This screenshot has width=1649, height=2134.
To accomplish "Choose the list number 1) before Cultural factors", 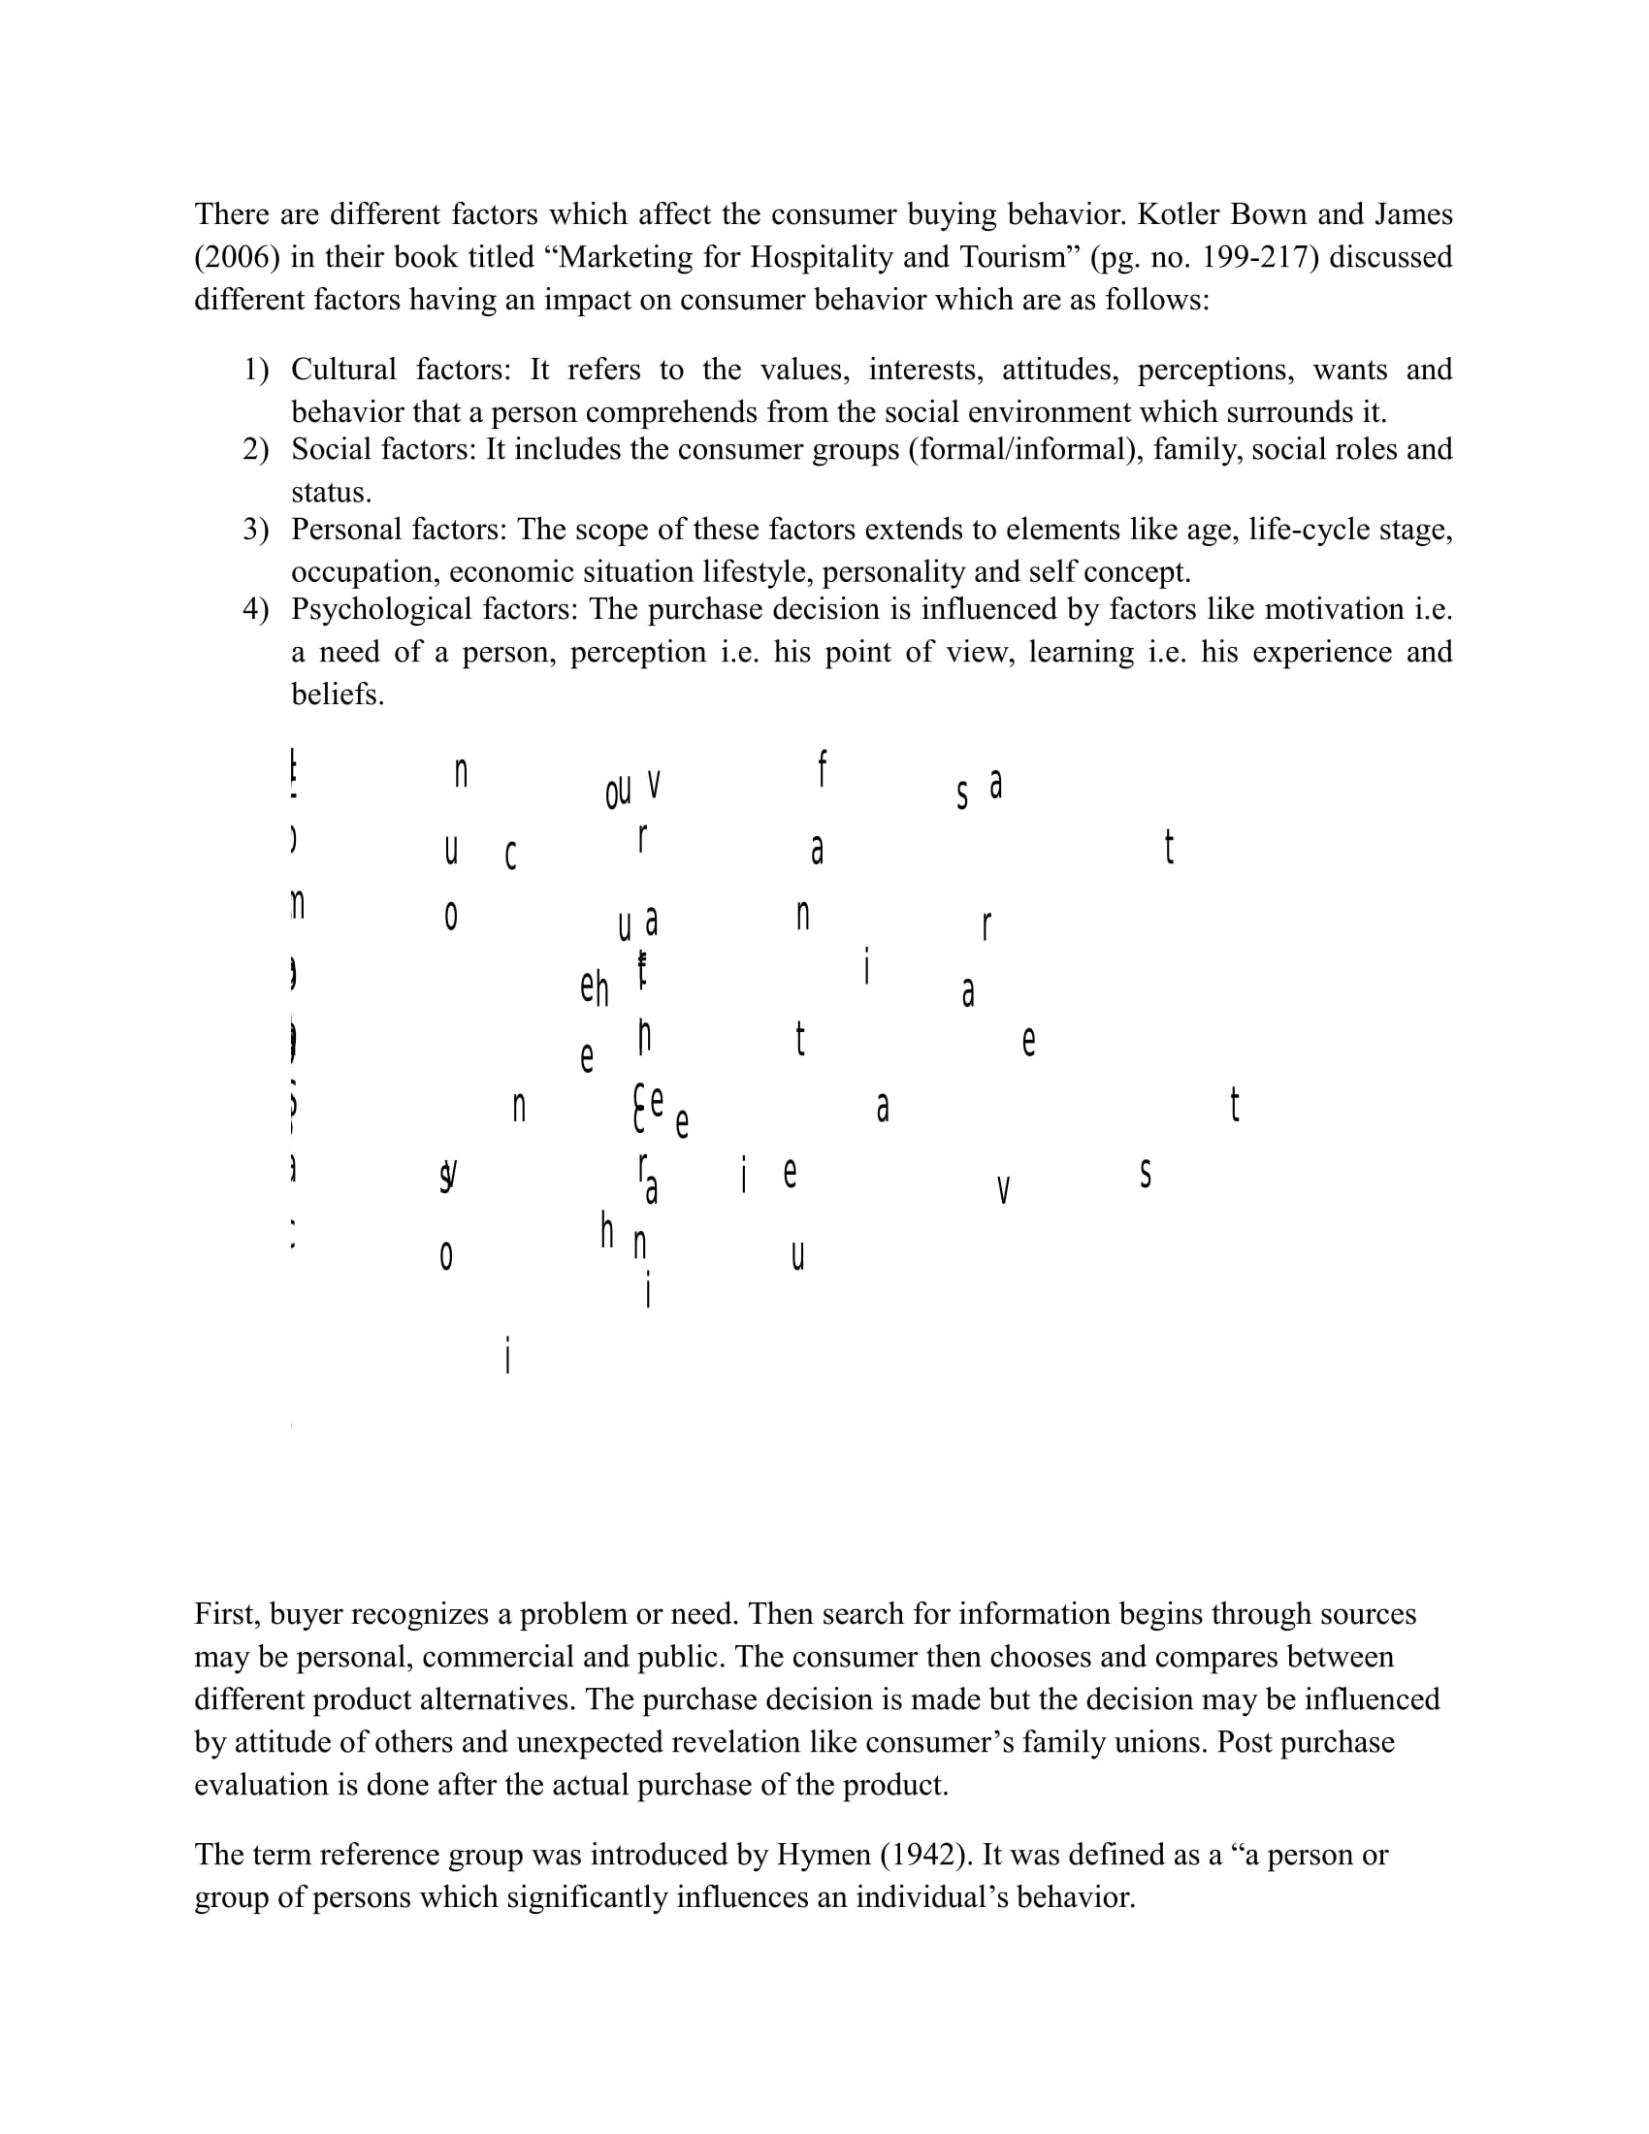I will click(x=256, y=370).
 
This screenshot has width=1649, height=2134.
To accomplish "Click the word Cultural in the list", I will click(x=344, y=370).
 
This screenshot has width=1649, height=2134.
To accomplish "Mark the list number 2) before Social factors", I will click(x=256, y=449).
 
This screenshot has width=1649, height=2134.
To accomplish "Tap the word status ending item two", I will click(x=331, y=492).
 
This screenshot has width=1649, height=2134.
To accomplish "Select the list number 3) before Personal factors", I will click(x=256, y=530).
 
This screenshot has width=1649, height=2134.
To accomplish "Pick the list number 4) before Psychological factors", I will click(x=256, y=610).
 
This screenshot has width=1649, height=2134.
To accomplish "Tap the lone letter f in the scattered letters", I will click(x=823, y=769).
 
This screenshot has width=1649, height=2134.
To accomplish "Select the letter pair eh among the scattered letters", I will click(x=594, y=988).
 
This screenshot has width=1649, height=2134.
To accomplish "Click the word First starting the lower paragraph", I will click(x=227, y=1614).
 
